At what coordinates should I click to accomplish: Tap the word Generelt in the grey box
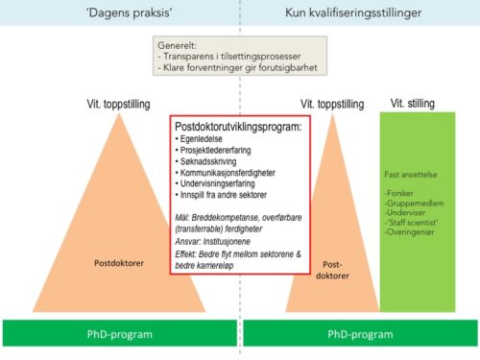tap(180, 45)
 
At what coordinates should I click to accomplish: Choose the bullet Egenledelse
tap(204, 139)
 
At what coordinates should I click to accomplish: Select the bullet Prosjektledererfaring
tap(221, 151)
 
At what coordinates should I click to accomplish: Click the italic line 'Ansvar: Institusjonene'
tap(215, 243)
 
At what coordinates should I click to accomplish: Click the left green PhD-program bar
tap(118, 333)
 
